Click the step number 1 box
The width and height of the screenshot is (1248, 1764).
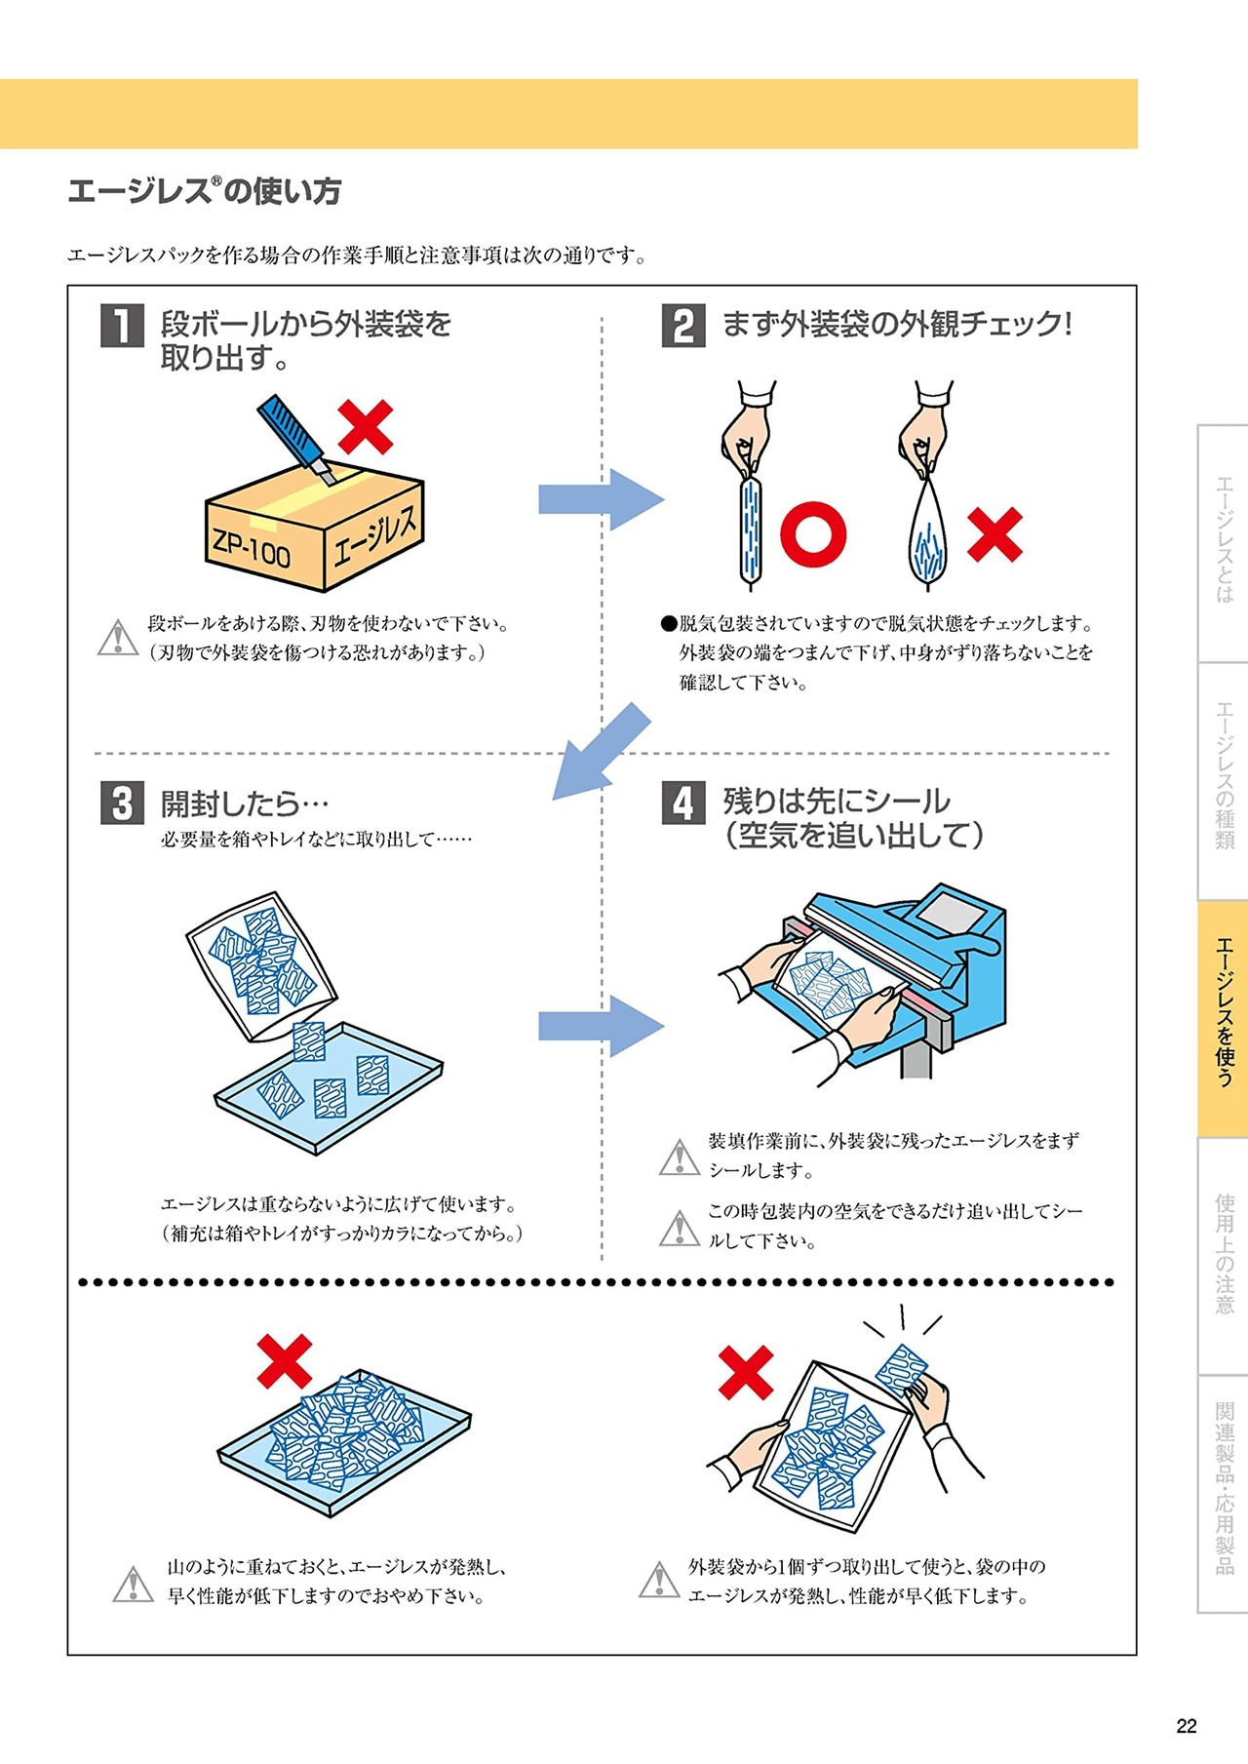click(122, 325)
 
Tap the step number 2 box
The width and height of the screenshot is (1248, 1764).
click(683, 325)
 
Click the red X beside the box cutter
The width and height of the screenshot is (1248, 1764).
click(366, 427)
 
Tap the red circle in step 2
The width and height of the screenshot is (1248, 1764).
click(813, 533)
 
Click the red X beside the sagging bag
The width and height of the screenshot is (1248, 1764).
click(994, 535)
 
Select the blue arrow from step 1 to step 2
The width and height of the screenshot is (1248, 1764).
click(600, 499)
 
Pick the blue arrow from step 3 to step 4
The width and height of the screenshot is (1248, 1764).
click(600, 1026)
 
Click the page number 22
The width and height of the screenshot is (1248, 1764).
click(1186, 1726)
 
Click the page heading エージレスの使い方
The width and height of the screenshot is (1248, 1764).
click(205, 191)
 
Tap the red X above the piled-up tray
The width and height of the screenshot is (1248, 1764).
click(285, 1361)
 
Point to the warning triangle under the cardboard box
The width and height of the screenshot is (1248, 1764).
click(118, 638)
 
